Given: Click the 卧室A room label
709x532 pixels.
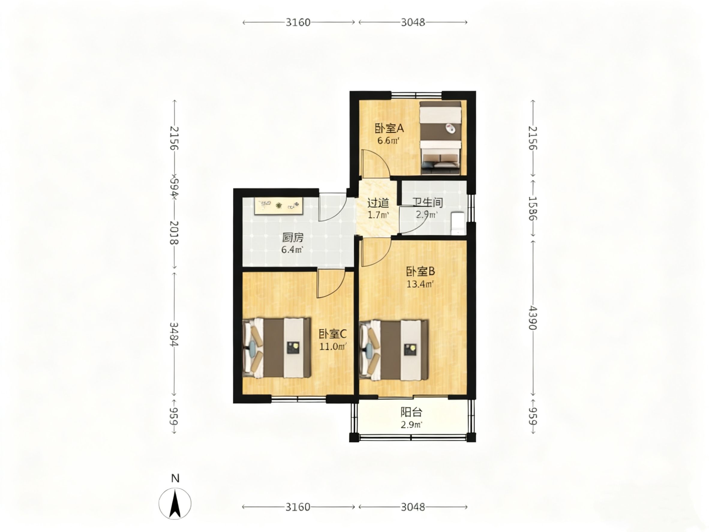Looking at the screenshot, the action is [x=389, y=129].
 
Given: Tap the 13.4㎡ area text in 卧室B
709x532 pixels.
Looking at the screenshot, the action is [x=420, y=284].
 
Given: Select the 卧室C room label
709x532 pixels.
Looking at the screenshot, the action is [x=332, y=334].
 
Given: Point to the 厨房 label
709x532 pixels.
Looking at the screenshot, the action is [x=293, y=238].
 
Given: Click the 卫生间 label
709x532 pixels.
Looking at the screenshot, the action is [x=428, y=202].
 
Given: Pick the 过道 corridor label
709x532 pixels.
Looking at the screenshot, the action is [x=378, y=203].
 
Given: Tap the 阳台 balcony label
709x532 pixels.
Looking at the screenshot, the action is [x=411, y=412].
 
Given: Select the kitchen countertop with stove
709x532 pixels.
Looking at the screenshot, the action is [x=279, y=206].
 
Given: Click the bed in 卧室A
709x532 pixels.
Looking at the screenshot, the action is [x=440, y=138].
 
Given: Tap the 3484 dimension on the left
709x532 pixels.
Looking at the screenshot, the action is [x=174, y=335].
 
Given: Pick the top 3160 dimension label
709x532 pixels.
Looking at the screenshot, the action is [x=298, y=23].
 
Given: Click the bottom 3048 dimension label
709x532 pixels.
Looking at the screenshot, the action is [x=413, y=507].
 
